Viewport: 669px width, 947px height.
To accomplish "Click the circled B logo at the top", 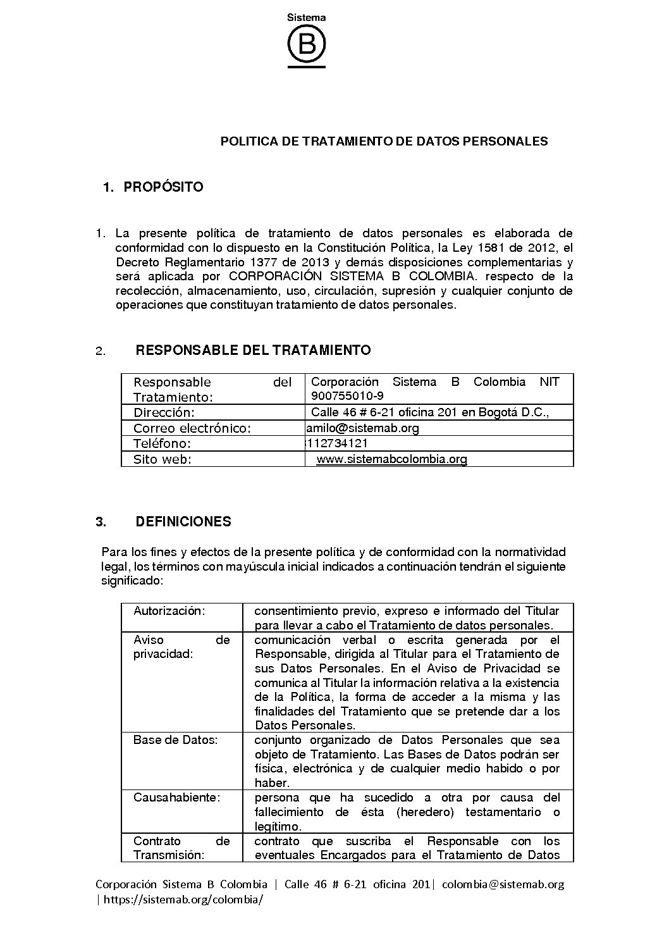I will [x=307, y=44].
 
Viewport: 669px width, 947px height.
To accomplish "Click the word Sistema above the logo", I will [x=307, y=18].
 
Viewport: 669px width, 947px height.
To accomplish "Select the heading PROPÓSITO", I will [x=163, y=187].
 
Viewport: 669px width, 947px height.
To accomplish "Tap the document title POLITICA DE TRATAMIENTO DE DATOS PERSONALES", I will [x=384, y=141].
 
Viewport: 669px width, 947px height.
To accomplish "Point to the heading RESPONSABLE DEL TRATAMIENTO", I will [x=253, y=350].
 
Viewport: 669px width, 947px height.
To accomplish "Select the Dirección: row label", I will [x=164, y=412].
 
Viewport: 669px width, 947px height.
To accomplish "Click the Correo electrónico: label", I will [x=192, y=428].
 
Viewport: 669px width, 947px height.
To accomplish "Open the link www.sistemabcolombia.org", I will [x=391, y=459].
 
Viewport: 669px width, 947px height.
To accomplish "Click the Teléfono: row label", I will [x=162, y=443].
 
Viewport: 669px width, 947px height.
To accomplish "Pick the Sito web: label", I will [x=163, y=459].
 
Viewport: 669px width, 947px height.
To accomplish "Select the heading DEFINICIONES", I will [x=183, y=522].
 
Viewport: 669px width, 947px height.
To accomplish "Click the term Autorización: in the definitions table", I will [x=169, y=611].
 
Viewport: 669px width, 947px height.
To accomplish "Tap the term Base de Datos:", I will [x=175, y=740].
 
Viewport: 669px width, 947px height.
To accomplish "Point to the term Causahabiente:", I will [x=177, y=798].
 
